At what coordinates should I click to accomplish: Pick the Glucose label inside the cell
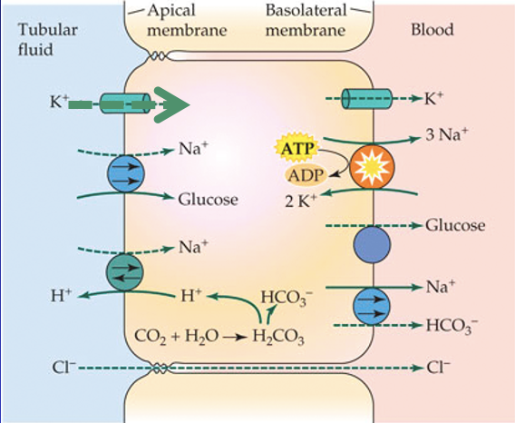tap(208, 199)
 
